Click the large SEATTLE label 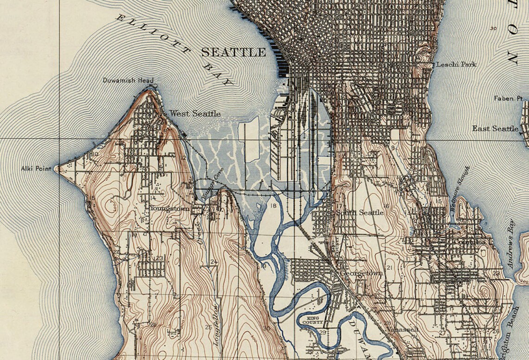point(233,52)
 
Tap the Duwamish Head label point(128,80)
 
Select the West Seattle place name point(194,113)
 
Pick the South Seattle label point(360,212)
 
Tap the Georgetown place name point(361,273)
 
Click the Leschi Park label point(456,64)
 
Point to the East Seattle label point(495,129)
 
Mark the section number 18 point(273,206)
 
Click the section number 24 point(213,262)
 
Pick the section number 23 point(159,258)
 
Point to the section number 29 point(322,332)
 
